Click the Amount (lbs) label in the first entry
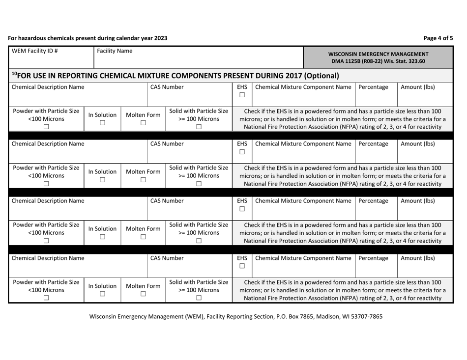click(418, 87)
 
